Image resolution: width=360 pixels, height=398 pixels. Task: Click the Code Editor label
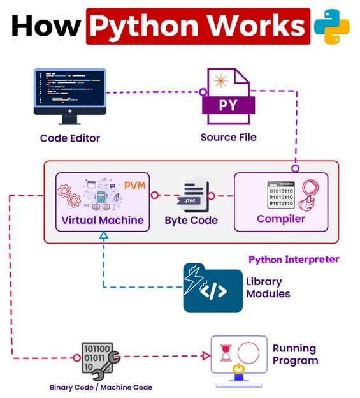tap(69, 138)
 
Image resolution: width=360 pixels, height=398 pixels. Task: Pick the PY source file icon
tap(227, 96)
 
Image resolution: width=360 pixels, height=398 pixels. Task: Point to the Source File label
tap(228, 137)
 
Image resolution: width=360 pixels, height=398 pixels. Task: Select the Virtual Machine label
tap(103, 221)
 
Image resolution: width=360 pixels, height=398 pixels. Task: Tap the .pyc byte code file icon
tap(191, 195)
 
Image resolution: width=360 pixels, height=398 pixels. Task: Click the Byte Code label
tap(191, 221)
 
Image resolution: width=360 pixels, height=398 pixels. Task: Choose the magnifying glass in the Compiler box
tap(310, 193)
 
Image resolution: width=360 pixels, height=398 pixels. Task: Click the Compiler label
tap(281, 219)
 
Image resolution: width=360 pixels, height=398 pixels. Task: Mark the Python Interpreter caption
tap(294, 260)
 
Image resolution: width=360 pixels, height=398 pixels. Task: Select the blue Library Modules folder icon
tap(213, 287)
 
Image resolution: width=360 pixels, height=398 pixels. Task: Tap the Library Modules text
tap(268, 288)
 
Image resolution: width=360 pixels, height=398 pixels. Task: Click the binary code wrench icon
tap(97, 360)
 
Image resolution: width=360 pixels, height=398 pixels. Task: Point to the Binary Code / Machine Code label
tap(101, 387)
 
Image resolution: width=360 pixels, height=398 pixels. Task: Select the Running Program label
tap(295, 355)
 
